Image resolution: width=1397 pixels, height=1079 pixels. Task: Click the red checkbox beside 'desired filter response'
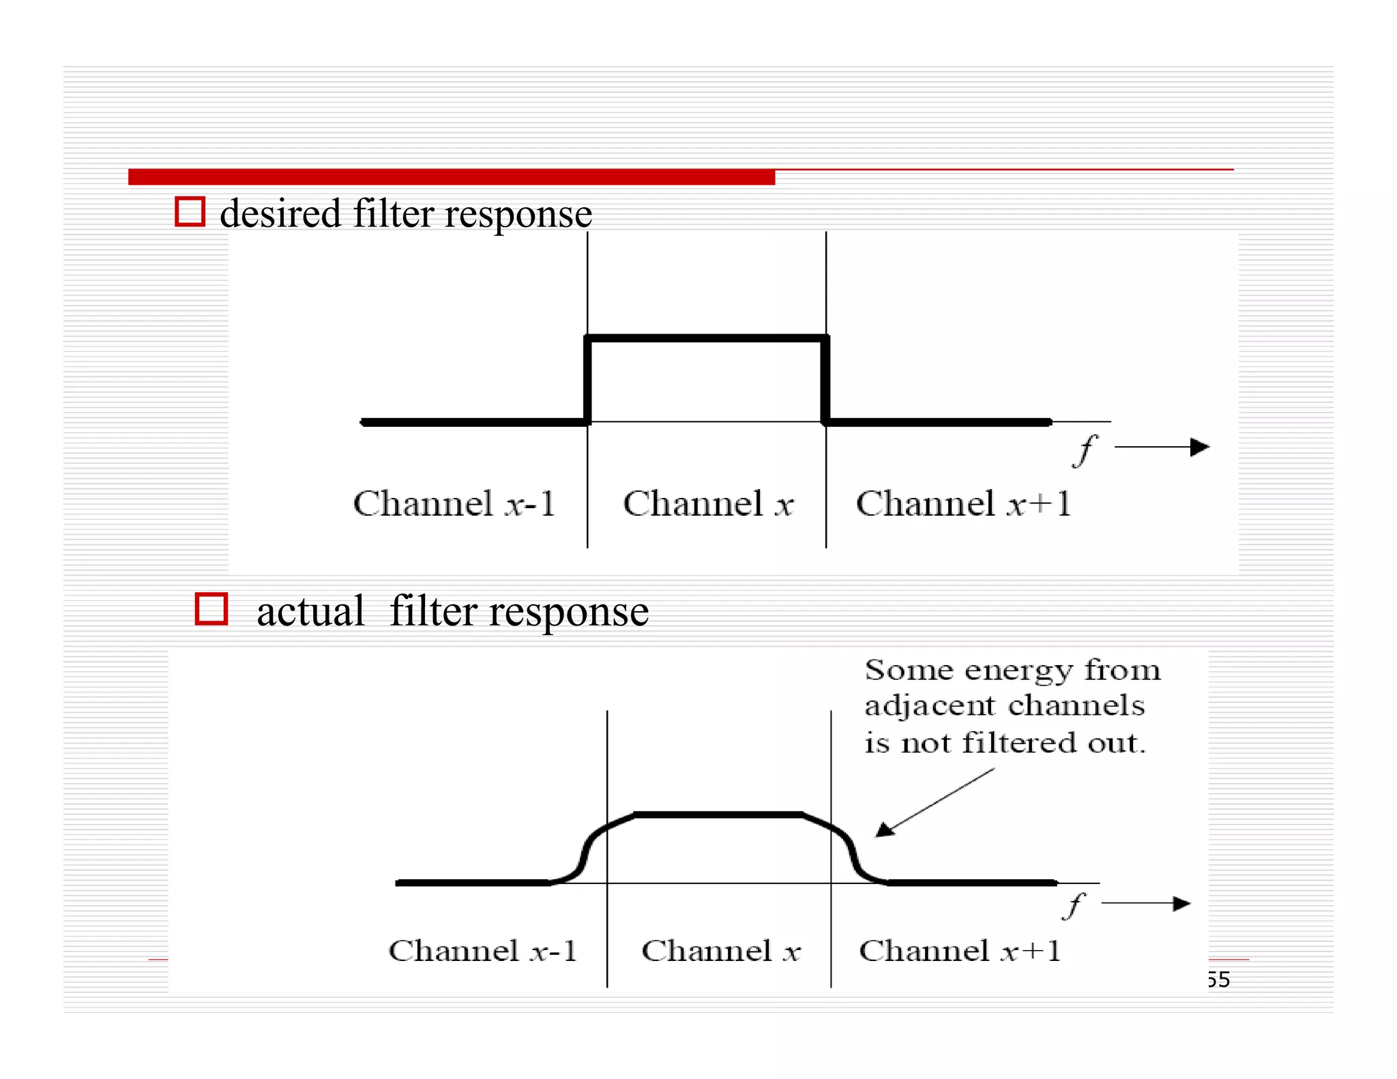click(190, 211)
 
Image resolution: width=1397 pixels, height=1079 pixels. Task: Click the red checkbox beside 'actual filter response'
click(211, 608)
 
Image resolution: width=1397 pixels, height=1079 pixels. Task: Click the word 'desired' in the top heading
click(280, 213)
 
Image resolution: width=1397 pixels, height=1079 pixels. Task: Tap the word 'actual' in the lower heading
click(310, 611)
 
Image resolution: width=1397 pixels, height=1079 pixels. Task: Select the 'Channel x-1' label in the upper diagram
click(454, 504)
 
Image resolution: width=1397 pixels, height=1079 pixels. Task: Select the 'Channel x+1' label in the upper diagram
click(963, 504)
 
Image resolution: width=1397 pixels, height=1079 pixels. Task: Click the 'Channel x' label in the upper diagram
click(707, 504)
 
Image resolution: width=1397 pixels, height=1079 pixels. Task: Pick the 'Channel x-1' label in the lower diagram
click(482, 951)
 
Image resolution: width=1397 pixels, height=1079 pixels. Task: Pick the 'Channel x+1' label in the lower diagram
click(960, 951)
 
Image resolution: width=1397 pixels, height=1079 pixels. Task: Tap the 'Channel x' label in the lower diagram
click(720, 951)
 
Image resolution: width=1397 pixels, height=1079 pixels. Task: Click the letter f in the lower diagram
click(1074, 906)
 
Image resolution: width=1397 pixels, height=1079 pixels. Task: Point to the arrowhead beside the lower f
click(1181, 904)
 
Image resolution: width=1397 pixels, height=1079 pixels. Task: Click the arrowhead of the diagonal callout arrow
click(884, 830)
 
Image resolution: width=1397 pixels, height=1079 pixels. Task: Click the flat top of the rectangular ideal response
click(707, 338)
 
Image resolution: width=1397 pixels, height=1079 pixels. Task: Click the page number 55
click(1218, 979)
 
